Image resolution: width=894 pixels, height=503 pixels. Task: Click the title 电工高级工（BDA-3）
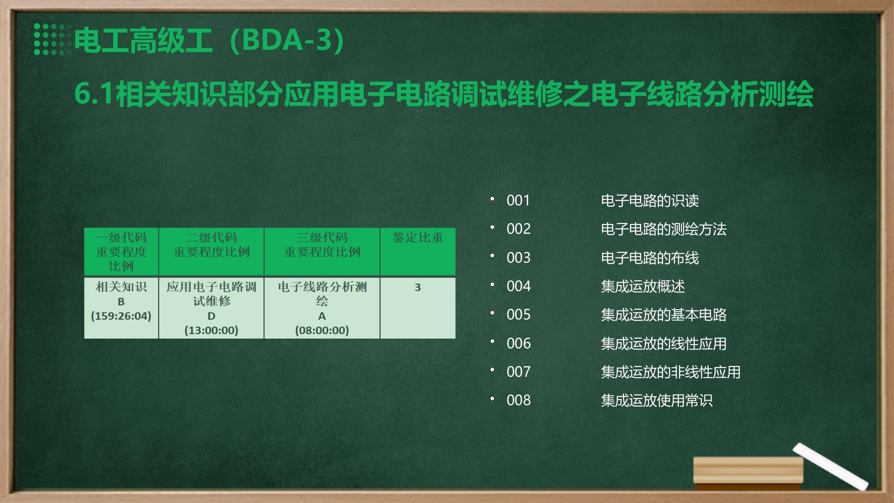tap(210, 40)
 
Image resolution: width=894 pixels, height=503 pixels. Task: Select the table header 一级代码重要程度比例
tap(121, 251)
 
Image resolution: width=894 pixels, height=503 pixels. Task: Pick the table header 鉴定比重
tap(418, 238)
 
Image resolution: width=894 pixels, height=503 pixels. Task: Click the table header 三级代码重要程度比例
tap(322, 245)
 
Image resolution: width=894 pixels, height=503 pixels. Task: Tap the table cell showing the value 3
tap(418, 287)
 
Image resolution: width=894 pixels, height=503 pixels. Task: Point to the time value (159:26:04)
tap(121, 316)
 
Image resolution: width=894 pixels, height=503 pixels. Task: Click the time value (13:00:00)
tap(211, 330)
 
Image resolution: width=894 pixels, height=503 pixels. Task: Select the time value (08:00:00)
tap(322, 330)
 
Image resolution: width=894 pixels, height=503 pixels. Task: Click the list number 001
tap(518, 200)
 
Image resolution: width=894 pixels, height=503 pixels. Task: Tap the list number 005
tap(518, 314)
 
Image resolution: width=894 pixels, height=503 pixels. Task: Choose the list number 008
tap(518, 400)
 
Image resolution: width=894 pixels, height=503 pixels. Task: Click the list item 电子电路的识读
tap(650, 201)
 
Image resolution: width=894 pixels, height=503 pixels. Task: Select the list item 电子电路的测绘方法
tap(664, 229)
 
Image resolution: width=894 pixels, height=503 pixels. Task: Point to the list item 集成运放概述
tap(643, 286)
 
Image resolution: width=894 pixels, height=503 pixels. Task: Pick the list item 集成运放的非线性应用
tap(670, 372)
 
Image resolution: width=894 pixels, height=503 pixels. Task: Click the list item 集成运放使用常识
tap(657, 401)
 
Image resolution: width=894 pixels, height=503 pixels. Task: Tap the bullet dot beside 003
tap(492, 256)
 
